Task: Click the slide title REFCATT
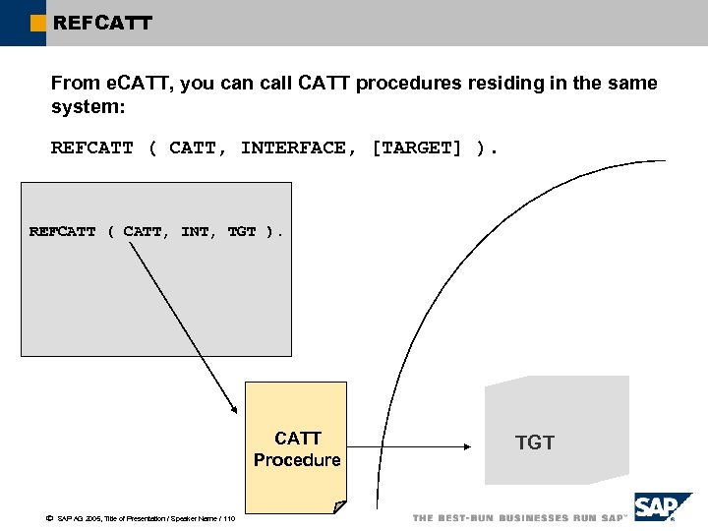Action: click(102, 22)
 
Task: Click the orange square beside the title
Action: click(38, 23)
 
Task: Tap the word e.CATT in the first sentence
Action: click(138, 84)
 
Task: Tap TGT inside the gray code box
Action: click(242, 232)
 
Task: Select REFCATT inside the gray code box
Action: click(63, 232)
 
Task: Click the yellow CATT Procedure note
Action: click(295, 447)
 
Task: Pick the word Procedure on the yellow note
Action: click(297, 460)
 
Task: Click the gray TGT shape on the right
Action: click(556, 430)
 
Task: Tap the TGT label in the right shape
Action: click(535, 443)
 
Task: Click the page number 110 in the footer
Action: click(228, 518)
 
